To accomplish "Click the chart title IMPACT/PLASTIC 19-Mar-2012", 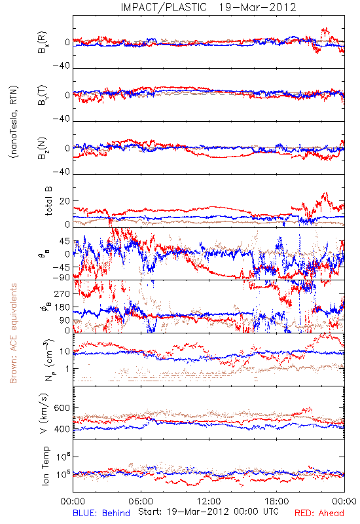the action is pos(208,7).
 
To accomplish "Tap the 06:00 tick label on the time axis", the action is pos(141,501).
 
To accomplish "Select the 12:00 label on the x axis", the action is pos(209,501).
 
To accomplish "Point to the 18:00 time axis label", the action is pos(277,501).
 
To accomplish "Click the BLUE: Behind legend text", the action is pos(101,513).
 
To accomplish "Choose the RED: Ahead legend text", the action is pos(319,513).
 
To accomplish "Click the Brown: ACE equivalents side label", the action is pos(13,333).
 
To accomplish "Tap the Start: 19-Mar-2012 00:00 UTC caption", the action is pos(208,512).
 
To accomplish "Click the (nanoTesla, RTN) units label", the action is pos(14,122).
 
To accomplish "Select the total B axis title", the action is pos(48,201).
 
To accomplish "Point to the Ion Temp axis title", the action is pos(45,466).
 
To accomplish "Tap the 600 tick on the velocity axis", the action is pos(62,407).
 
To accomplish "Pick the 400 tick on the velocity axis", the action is pos(62,429).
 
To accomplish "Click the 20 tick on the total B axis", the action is pos(65,201).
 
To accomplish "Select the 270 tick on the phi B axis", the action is pos(62,293).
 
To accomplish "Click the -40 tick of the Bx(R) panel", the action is pos(62,65).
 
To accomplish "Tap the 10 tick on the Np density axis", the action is pos(65,352).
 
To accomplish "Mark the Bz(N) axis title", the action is pos(43,148).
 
